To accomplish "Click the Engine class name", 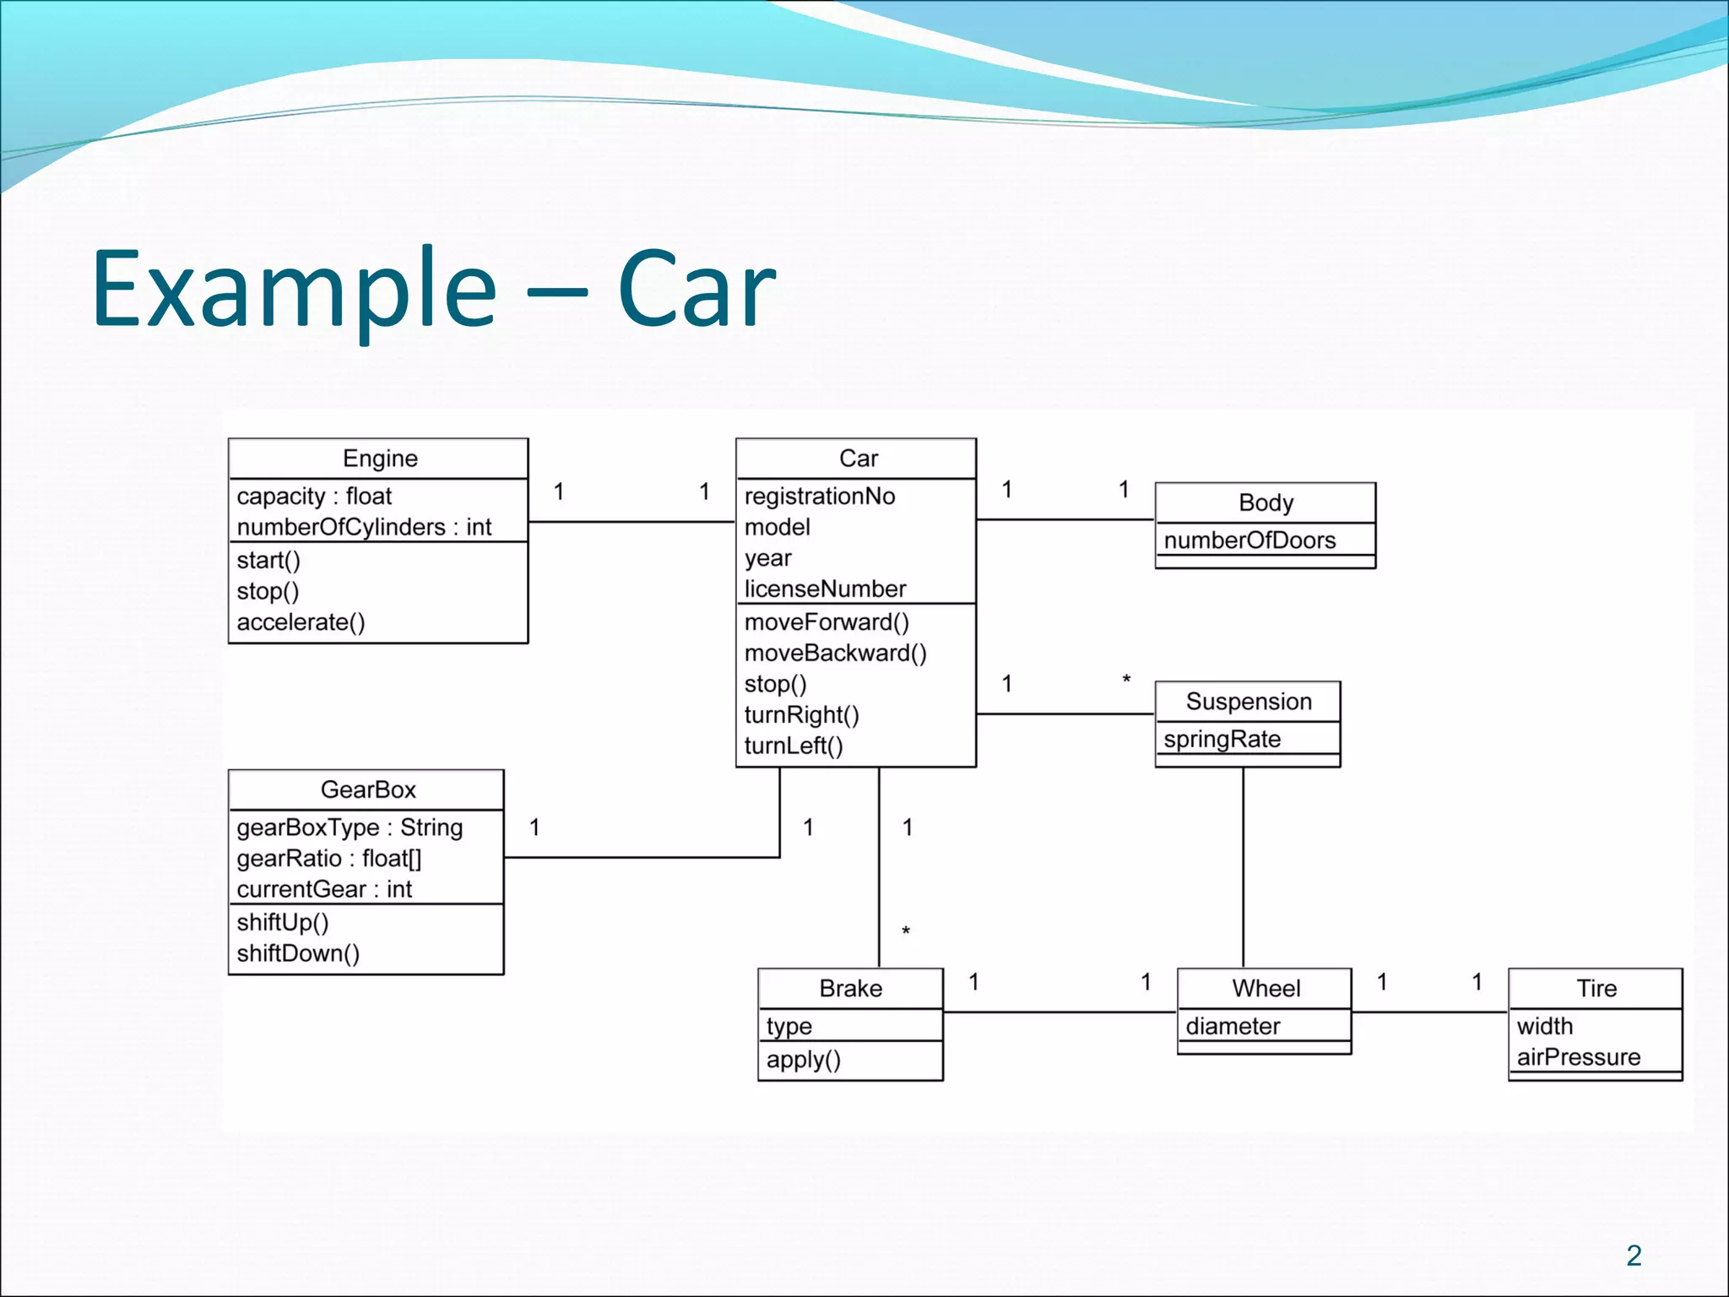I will click(x=380, y=459).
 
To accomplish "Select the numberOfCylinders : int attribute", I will click(x=363, y=527).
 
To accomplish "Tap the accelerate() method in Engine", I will click(x=301, y=622).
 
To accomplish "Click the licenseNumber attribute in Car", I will click(x=824, y=589).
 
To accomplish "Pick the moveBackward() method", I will click(x=835, y=653).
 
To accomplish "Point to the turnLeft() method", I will click(x=793, y=746).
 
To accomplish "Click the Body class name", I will click(x=1266, y=502).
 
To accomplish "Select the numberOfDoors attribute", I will click(x=1249, y=540).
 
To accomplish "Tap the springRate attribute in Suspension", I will click(x=1222, y=739).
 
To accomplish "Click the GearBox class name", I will click(x=368, y=790).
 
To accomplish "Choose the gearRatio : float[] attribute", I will click(x=328, y=858).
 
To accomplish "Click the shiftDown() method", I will click(x=298, y=953).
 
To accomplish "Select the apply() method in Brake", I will click(x=803, y=1060).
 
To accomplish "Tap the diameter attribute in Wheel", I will click(x=1233, y=1026).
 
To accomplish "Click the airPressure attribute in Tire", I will click(x=1578, y=1057).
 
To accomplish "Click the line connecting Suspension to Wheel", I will click(x=1243, y=870).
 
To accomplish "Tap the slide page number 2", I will click(x=1634, y=1256).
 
